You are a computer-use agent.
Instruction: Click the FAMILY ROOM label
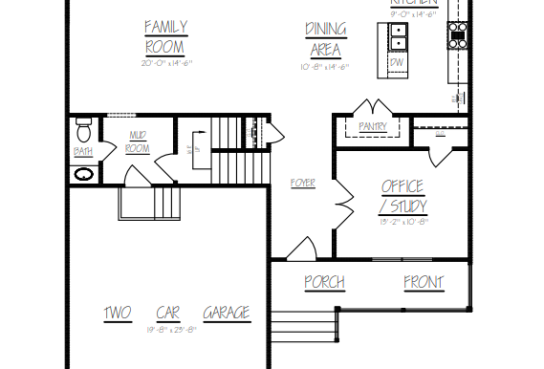tap(166, 36)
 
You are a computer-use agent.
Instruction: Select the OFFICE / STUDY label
tap(403, 196)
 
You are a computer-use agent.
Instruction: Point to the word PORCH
tap(324, 282)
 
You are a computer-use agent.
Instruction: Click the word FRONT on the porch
tap(423, 282)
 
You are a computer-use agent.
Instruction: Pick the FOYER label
tap(302, 183)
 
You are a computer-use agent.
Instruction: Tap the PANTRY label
tap(371, 126)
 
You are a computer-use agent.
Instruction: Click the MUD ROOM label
tap(139, 142)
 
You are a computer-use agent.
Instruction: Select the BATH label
tap(83, 151)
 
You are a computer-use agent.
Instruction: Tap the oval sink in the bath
tap(84, 175)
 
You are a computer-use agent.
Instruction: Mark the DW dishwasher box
tap(397, 64)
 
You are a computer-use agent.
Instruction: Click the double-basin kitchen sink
tap(398, 37)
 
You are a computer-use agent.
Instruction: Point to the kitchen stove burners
tap(458, 37)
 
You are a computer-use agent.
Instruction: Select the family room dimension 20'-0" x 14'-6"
tap(166, 63)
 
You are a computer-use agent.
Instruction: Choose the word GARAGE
tap(227, 313)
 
